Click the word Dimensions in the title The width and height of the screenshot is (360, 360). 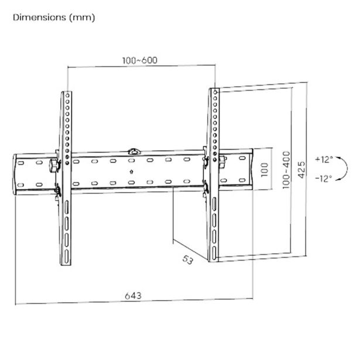pyautogui.click(x=39, y=18)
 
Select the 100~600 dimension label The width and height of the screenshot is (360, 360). pyautogui.click(x=139, y=60)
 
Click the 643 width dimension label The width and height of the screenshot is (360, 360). pyautogui.click(x=133, y=296)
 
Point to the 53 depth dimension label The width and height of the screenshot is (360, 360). pyautogui.click(x=188, y=260)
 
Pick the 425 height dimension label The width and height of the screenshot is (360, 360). pyautogui.click(x=301, y=169)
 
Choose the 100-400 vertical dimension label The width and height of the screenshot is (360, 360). pyautogui.click(x=286, y=170)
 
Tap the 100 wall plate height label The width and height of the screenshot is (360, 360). pyautogui.click(x=265, y=169)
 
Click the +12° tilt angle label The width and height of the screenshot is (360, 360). pyautogui.click(x=324, y=159)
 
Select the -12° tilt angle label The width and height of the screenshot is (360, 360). pyautogui.click(x=324, y=178)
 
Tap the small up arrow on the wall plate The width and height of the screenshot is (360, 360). pyautogui.click(x=131, y=172)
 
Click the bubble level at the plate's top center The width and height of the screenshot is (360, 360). pyautogui.click(x=134, y=152)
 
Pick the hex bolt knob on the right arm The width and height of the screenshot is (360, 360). pyautogui.click(x=222, y=162)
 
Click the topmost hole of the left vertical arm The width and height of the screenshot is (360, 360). pyautogui.click(x=67, y=95)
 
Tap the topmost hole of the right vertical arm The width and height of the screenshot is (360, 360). pyautogui.click(x=215, y=92)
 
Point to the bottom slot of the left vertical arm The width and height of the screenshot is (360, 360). pyautogui.click(x=67, y=256)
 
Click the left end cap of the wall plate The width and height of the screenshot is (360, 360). pyautogui.click(x=15, y=174)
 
